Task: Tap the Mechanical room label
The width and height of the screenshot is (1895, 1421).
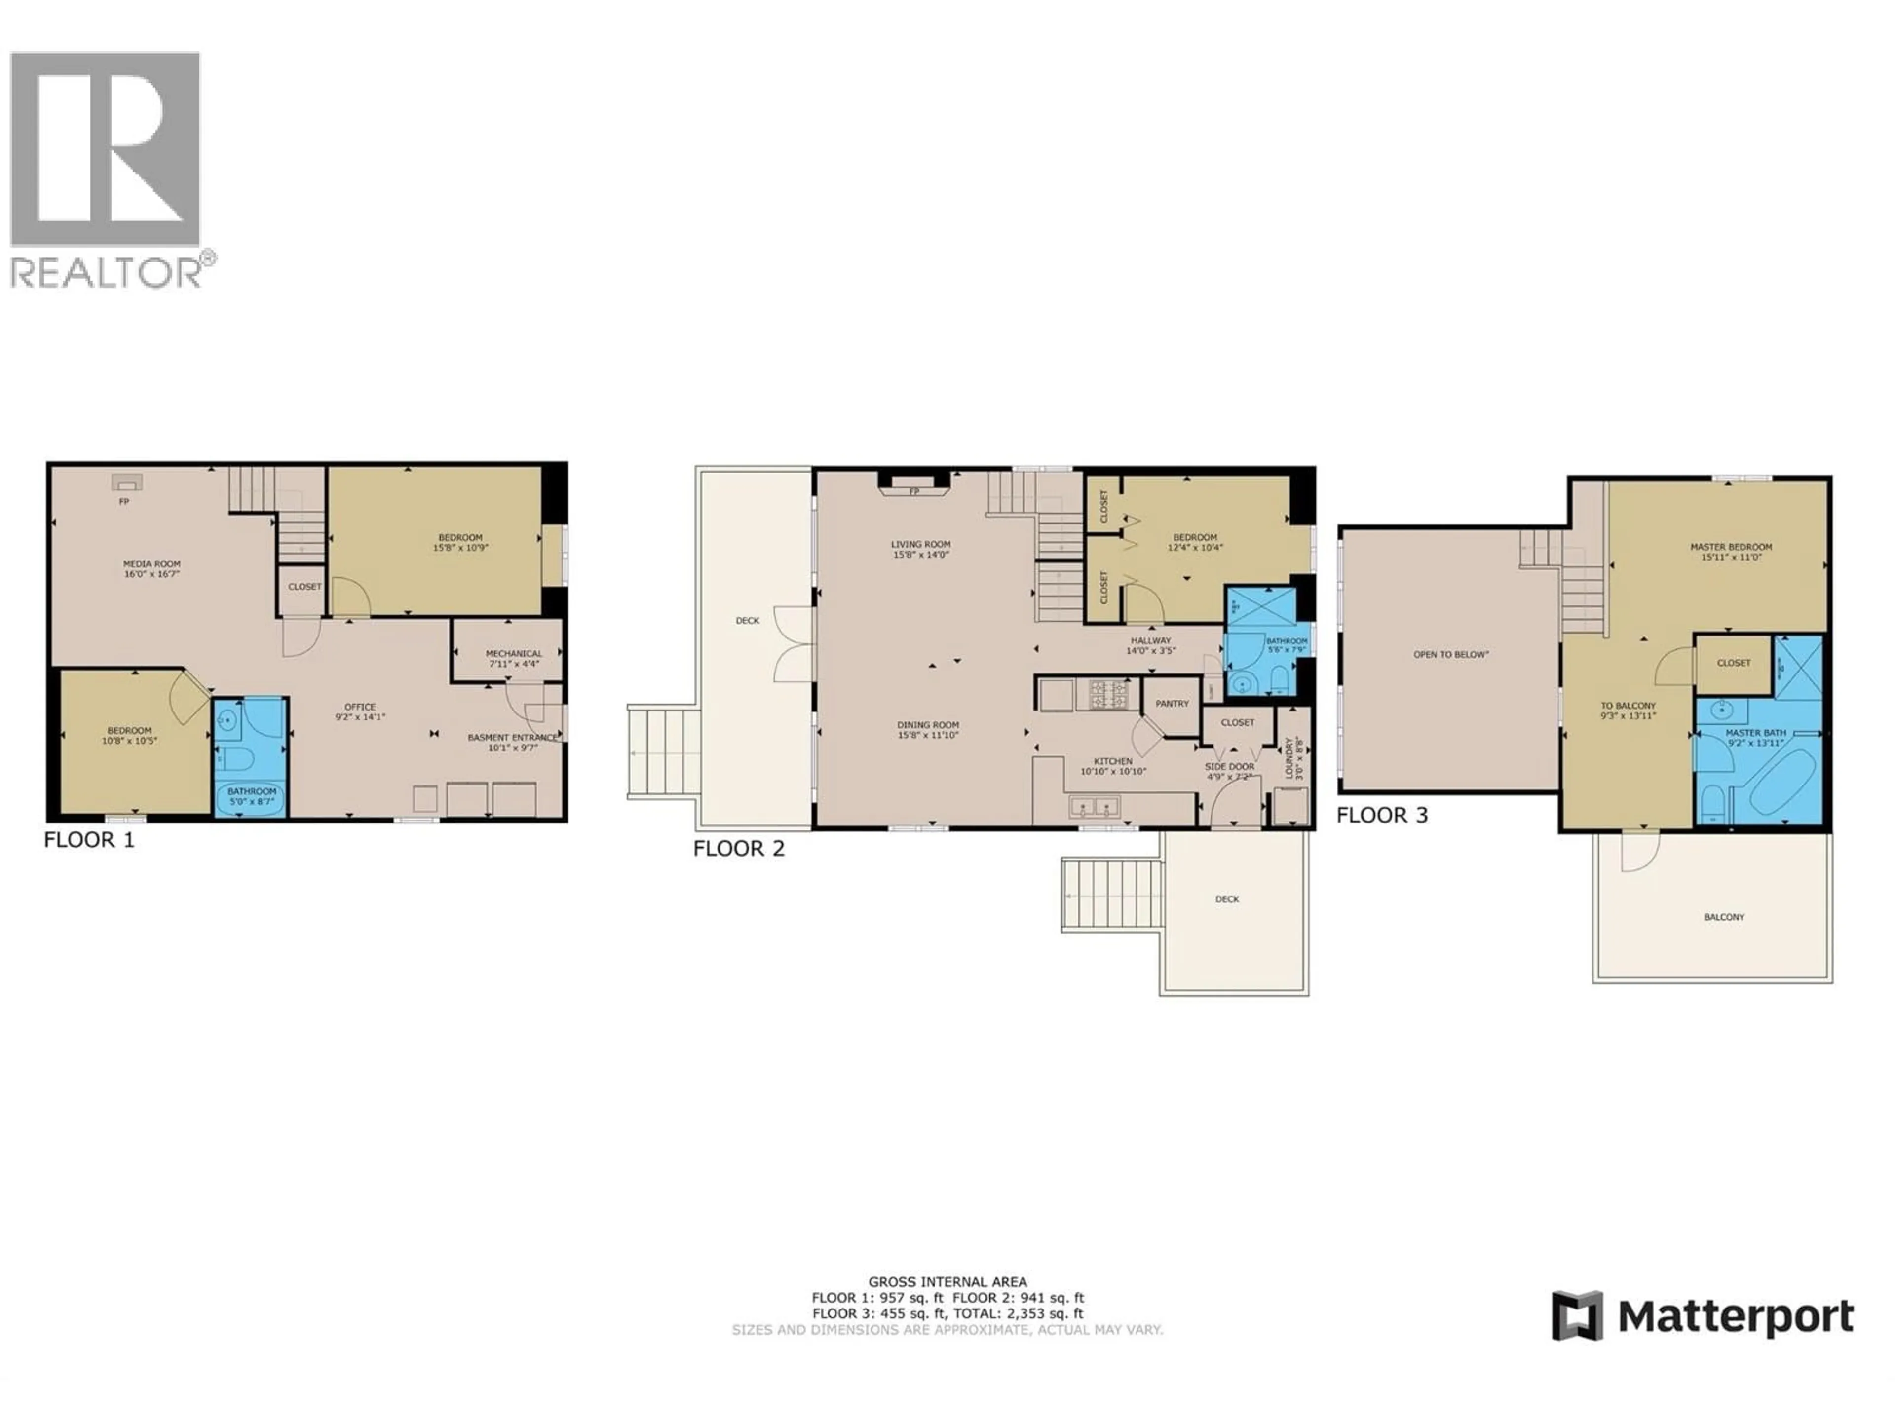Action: point(514,654)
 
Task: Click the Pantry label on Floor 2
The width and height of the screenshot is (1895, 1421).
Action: point(1172,703)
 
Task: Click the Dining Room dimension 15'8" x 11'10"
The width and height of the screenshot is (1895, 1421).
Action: point(928,735)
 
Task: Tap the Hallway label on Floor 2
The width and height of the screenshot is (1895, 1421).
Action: point(1150,640)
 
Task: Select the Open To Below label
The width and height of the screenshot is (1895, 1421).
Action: point(1451,654)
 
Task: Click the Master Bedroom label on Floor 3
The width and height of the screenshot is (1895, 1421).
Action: point(1731,547)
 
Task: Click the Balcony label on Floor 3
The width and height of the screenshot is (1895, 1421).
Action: point(1724,917)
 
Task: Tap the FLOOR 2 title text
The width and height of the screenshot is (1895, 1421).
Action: point(738,848)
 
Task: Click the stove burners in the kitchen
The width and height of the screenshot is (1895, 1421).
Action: point(1108,694)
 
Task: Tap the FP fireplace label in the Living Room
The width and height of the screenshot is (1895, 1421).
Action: point(914,491)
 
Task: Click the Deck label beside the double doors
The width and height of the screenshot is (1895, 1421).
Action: point(747,620)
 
